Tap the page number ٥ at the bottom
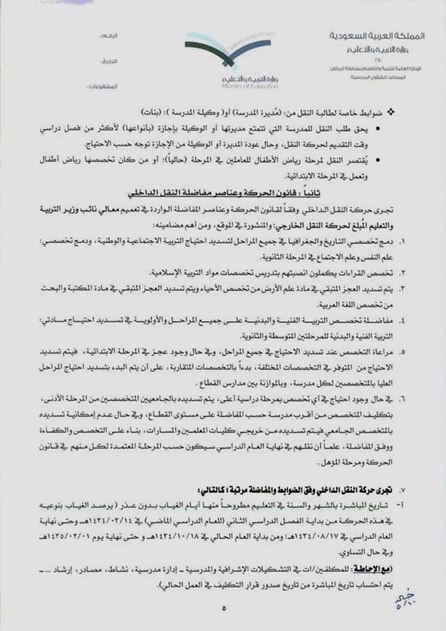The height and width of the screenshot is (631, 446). pos(223,608)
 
